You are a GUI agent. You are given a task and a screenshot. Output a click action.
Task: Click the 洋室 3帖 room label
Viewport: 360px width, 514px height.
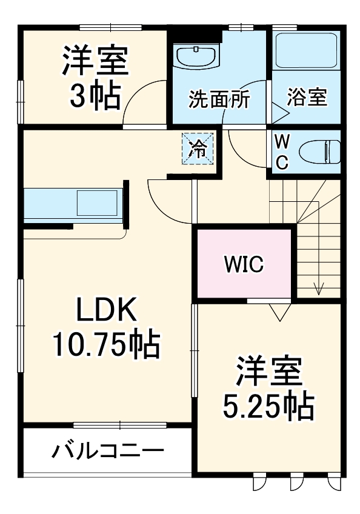click(95, 78)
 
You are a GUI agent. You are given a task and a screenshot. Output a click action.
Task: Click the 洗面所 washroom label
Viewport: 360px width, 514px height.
click(218, 99)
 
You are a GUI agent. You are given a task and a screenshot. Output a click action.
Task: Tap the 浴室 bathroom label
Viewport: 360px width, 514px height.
click(307, 97)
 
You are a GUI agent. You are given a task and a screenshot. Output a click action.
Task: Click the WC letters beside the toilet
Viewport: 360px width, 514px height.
click(282, 152)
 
